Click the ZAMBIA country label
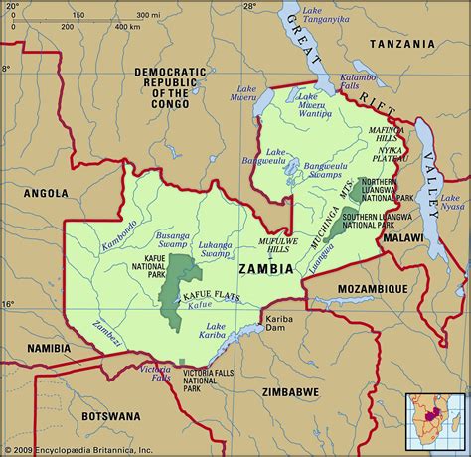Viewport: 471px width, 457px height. [266, 268]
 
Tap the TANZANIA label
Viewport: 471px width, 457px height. [401, 45]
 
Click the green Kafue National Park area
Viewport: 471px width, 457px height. [176, 283]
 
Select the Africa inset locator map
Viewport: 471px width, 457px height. [434, 420]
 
